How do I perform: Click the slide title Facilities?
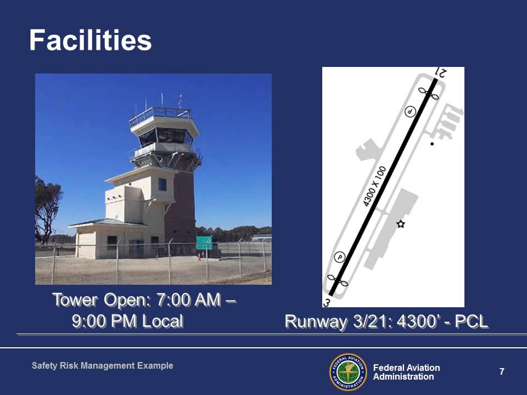pyautogui.click(x=91, y=40)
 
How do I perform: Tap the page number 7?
pyautogui.click(x=502, y=371)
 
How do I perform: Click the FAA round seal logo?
pyautogui.click(x=348, y=372)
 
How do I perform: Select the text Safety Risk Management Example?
pyautogui.click(x=103, y=365)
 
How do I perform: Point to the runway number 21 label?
pyautogui.click(x=441, y=72)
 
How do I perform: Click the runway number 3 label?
pyautogui.click(x=326, y=303)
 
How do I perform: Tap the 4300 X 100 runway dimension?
pyautogui.click(x=375, y=186)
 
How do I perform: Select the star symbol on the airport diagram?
pyautogui.click(x=400, y=224)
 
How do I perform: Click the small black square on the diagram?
pyautogui.click(x=432, y=144)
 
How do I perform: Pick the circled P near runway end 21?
pyautogui.click(x=410, y=111)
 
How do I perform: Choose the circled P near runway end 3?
pyautogui.click(x=340, y=257)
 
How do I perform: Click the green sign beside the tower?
pyautogui.click(x=204, y=243)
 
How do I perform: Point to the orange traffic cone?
pyautogui.click(x=199, y=257)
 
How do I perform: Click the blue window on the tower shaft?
pyautogui.click(x=162, y=185)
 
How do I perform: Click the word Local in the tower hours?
pyautogui.click(x=162, y=321)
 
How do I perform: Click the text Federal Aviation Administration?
pyautogui.click(x=406, y=372)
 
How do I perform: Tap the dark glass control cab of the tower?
pyautogui.click(x=165, y=136)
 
